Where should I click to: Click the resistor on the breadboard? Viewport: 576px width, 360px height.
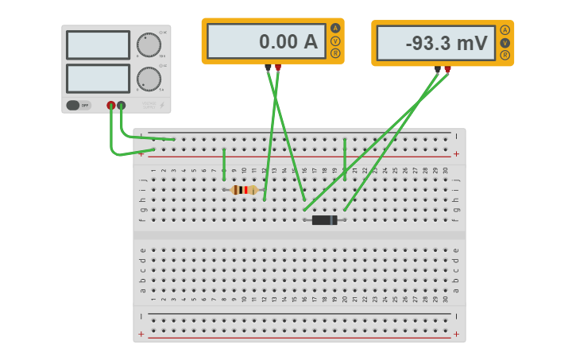click(x=244, y=190)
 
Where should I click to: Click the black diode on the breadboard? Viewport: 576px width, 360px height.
click(x=324, y=220)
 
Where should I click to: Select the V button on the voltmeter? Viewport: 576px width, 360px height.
click(x=504, y=43)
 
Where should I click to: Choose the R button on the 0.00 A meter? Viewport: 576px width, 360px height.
click(x=335, y=53)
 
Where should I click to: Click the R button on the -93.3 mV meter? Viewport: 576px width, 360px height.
click(x=504, y=55)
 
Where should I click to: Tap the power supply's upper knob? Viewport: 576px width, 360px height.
click(x=149, y=45)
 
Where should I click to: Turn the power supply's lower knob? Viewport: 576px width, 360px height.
click(x=149, y=79)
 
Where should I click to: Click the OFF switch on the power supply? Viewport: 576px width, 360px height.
click(x=77, y=105)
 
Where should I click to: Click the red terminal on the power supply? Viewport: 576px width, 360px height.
click(x=111, y=105)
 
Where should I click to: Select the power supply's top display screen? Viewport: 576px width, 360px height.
click(x=98, y=45)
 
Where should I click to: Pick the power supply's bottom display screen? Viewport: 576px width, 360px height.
click(x=98, y=79)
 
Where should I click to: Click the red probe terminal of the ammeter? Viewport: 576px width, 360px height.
click(x=277, y=68)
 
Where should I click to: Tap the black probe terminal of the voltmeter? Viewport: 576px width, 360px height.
click(x=438, y=69)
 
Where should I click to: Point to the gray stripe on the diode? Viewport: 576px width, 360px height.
click(x=333, y=220)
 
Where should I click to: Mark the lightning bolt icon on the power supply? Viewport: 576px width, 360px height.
click(x=162, y=105)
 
